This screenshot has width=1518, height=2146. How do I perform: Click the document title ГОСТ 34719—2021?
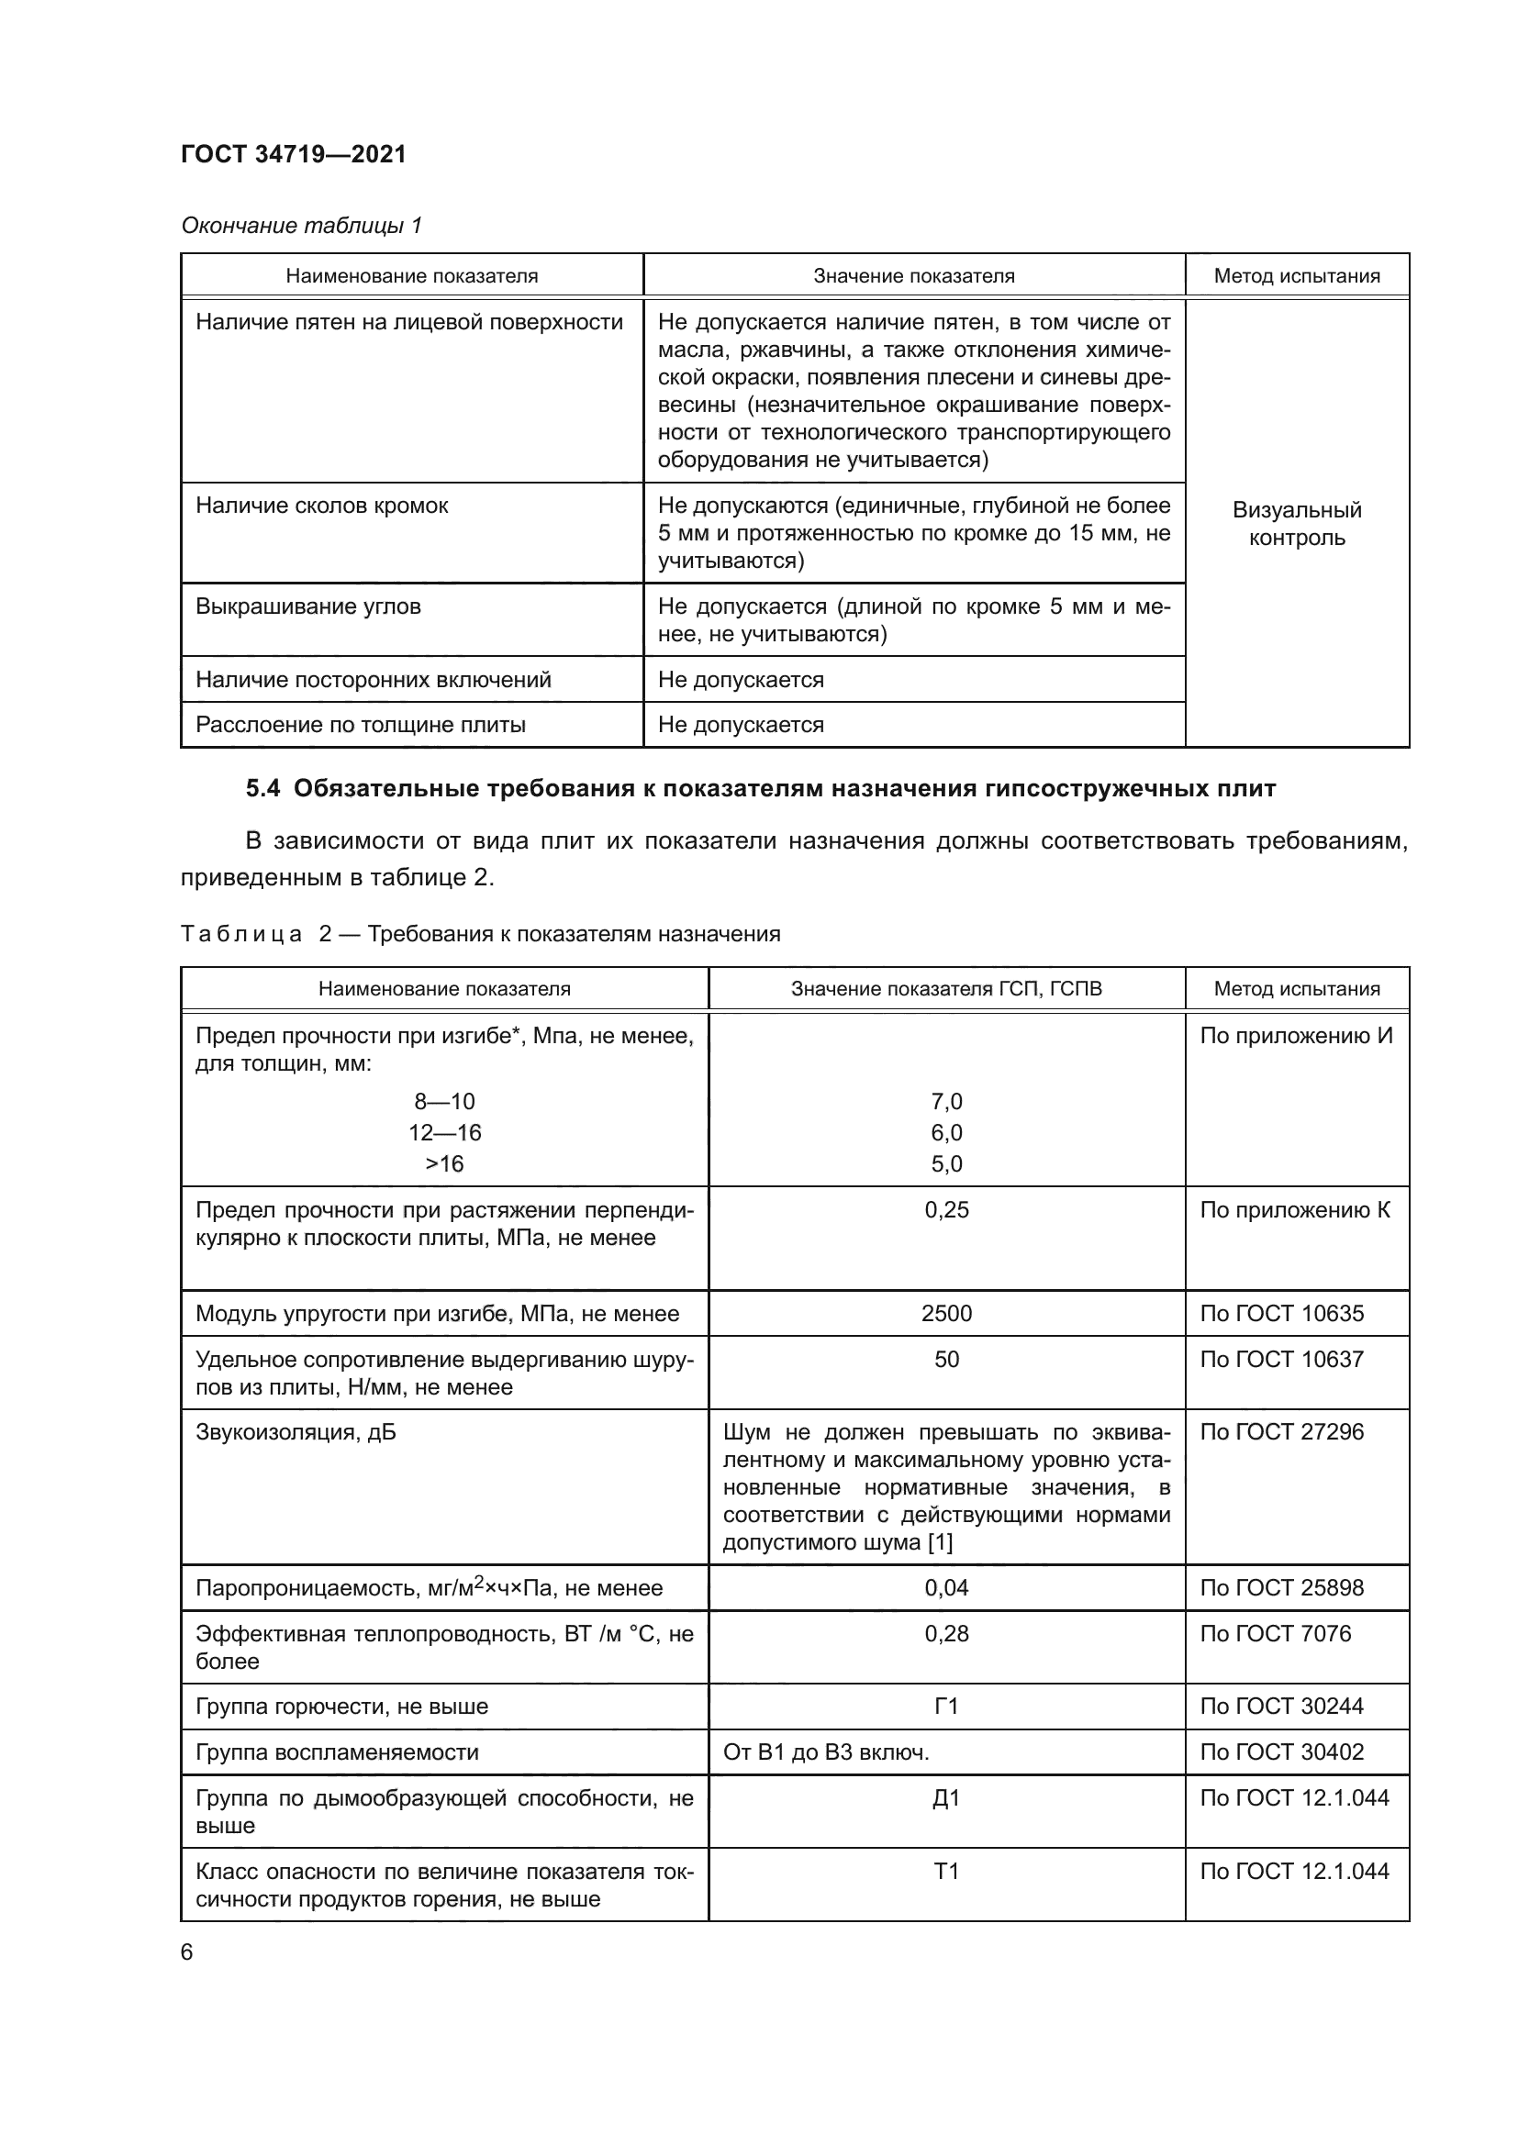(x=294, y=154)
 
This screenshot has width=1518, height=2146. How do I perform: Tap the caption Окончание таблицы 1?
(x=301, y=226)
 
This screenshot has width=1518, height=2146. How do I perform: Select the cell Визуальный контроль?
(x=1297, y=523)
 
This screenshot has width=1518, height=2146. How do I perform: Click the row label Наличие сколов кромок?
(x=321, y=506)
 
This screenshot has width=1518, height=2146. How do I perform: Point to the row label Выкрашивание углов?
(x=307, y=606)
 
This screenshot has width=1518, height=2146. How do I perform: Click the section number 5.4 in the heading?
(x=262, y=788)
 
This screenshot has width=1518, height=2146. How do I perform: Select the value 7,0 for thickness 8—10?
(x=946, y=1101)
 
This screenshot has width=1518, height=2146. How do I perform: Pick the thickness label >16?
(x=444, y=1163)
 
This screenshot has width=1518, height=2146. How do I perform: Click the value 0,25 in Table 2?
(x=946, y=1209)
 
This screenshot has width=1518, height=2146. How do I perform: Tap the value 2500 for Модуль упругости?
(x=946, y=1313)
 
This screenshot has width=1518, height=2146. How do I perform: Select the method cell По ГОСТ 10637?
(x=1281, y=1359)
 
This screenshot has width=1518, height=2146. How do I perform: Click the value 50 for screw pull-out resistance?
(x=946, y=1359)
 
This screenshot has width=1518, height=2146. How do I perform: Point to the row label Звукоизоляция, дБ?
(x=296, y=1432)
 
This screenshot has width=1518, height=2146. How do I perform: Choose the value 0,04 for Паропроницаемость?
(x=946, y=1587)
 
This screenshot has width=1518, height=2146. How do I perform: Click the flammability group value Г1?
(x=946, y=1706)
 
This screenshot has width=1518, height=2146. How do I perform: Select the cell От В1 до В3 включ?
(x=825, y=1751)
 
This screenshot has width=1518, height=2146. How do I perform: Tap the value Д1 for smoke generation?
(x=946, y=1797)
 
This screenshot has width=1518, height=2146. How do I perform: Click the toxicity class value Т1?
(x=946, y=1870)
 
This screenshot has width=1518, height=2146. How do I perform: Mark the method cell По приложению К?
(x=1295, y=1209)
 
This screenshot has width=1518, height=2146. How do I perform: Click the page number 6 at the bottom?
(x=187, y=1951)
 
